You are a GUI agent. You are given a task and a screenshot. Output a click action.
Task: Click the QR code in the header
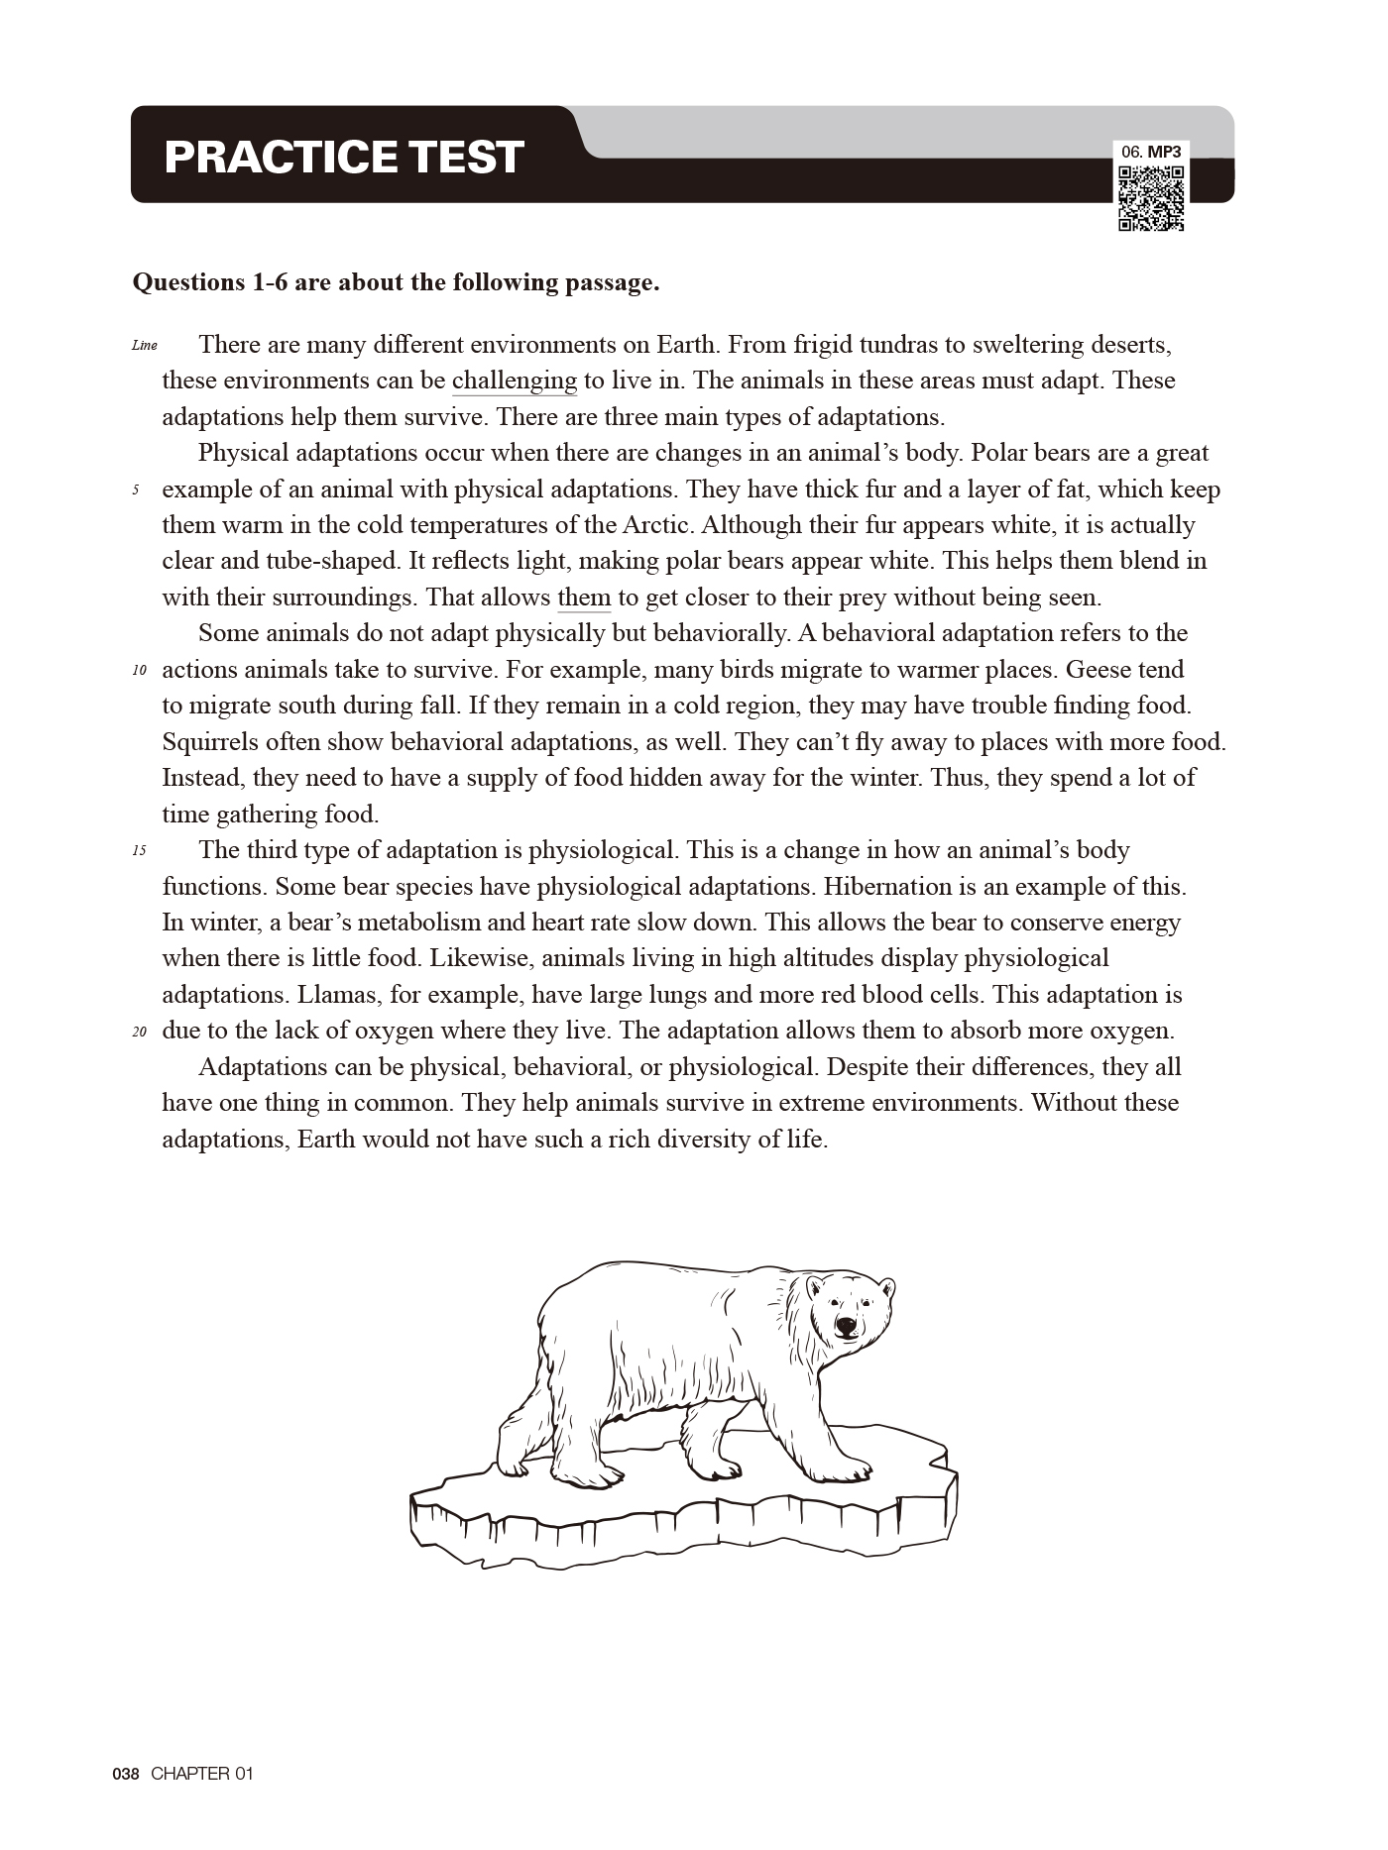tap(1151, 198)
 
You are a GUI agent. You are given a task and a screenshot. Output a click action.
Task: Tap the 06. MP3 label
tap(1151, 153)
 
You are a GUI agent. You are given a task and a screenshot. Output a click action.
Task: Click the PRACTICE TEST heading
tap(343, 157)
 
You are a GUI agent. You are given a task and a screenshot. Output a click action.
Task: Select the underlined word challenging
tap(514, 381)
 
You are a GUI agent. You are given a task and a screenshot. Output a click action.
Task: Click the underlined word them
tap(584, 598)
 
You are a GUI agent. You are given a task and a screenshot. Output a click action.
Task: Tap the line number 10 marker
tap(139, 671)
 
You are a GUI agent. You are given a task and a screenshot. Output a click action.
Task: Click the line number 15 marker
tap(139, 851)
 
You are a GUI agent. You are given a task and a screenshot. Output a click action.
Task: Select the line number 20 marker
tap(139, 1032)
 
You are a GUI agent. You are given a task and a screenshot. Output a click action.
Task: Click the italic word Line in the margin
tap(144, 346)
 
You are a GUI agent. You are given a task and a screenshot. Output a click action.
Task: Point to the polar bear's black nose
tap(845, 1324)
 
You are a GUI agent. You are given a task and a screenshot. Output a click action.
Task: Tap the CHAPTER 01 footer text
tap(202, 1774)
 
